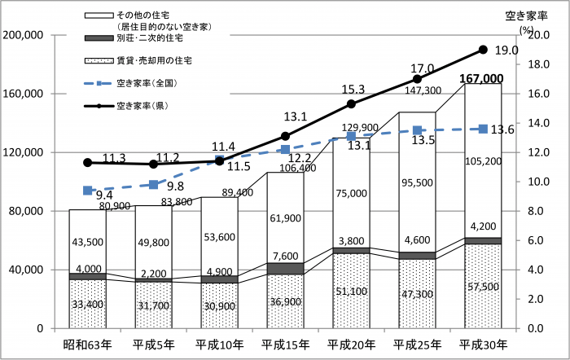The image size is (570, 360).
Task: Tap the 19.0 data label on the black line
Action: [506, 50]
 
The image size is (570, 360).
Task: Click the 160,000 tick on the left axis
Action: [24, 94]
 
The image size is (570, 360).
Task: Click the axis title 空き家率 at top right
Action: [524, 14]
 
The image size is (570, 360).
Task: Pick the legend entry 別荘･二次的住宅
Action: [150, 38]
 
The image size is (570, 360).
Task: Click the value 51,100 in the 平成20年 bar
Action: [351, 291]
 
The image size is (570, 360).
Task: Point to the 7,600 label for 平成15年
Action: [285, 256]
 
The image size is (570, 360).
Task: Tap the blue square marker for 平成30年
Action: [483, 129]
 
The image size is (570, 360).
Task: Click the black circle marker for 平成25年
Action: [417, 79]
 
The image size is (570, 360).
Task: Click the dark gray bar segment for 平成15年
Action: [285, 268]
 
